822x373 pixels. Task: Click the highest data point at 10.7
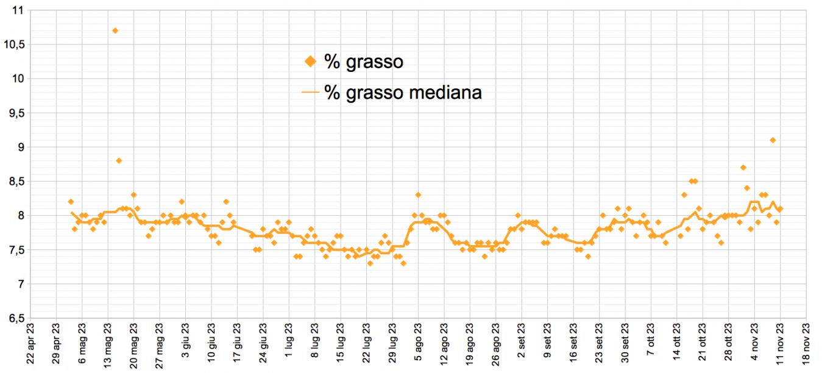tap(115, 30)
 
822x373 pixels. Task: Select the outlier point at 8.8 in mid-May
tap(119, 160)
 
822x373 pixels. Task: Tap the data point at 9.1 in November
tap(773, 140)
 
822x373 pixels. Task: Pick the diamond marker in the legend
tap(310, 62)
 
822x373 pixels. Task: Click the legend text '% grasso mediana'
tap(403, 92)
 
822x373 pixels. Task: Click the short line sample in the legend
tap(310, 93)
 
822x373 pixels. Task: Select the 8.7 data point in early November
tap(743, 168)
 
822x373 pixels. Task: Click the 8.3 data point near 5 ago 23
tap(418, 195)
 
